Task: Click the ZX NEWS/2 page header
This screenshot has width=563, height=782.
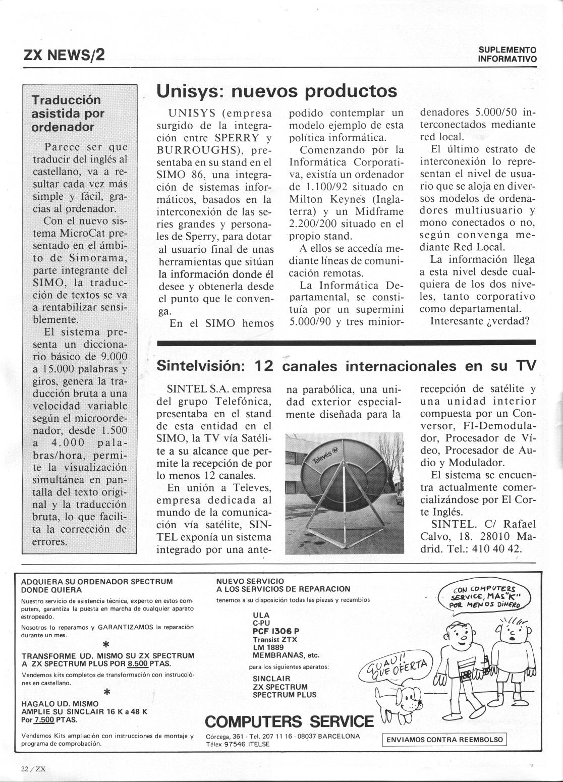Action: click(64, 54)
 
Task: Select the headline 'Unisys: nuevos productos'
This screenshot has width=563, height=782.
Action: click(277, 91)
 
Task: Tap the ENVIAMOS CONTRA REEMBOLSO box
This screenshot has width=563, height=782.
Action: click(444, 740)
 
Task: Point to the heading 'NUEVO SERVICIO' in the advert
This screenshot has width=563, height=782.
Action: click(250, 581)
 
